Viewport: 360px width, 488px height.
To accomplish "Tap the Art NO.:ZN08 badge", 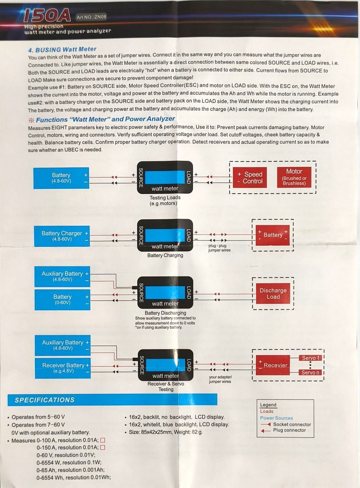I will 91,17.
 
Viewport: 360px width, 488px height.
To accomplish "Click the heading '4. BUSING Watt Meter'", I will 62,49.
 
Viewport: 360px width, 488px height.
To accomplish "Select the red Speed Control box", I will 250,178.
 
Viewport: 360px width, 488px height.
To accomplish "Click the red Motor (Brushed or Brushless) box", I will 294,177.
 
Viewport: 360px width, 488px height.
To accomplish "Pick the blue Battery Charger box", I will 62,236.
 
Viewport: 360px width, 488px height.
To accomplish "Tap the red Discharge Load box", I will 273,293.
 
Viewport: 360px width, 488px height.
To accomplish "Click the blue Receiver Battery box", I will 63,368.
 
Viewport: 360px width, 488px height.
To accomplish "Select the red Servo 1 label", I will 311,358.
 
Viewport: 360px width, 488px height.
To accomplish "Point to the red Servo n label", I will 310,372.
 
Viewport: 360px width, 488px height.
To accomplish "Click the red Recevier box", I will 273,365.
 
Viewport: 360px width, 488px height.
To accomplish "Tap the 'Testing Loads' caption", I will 165,198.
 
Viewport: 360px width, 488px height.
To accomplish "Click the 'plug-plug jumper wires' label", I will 219,248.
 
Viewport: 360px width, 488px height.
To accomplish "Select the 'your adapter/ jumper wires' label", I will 220,379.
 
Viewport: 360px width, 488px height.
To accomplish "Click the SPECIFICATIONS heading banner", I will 112,400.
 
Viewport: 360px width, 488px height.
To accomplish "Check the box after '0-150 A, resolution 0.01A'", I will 103,447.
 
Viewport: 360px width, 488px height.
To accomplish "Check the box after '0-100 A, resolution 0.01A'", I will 103,440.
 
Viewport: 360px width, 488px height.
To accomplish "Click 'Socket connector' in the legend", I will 292,424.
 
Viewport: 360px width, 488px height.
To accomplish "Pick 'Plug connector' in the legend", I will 289,430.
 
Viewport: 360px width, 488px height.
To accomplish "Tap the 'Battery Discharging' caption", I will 165,313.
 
